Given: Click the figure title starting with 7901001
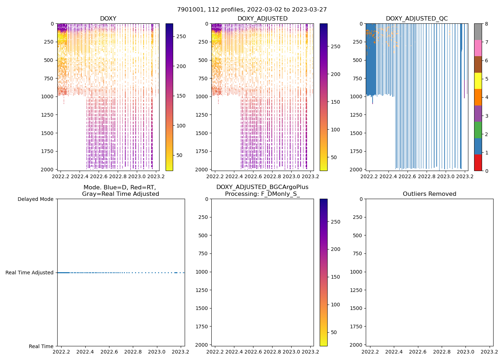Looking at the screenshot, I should (252, 10).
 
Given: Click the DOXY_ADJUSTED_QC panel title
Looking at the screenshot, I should (417, 19).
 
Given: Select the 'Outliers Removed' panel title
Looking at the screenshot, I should (429, 194).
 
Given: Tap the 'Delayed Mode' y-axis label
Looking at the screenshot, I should (36, 199).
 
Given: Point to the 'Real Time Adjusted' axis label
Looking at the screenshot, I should (30, 273).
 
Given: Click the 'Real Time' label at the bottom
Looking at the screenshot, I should (41, 346).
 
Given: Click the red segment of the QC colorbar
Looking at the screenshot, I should (478, 162).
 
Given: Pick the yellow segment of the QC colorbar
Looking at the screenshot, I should (478, 81).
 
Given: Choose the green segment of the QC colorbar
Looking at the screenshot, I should (478, 130).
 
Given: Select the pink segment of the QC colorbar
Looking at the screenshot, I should (478, 48).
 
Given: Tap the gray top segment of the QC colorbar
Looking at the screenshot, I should (478, 32).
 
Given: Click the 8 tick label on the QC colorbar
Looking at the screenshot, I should (486, 24).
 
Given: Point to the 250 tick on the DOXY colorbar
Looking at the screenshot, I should (181, 37).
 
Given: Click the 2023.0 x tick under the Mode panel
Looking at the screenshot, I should (157, 352).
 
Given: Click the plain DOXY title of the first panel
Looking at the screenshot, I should (108, 19).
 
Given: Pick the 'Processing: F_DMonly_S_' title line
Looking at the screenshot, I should (262, 194).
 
